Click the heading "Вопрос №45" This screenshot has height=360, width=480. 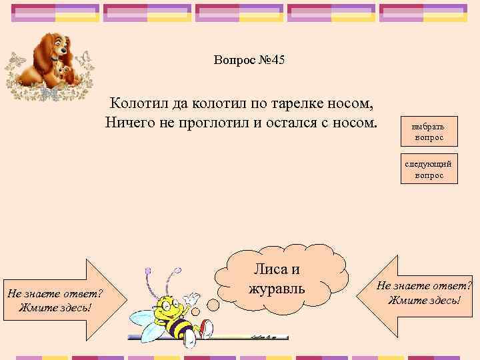[x=249, y=61]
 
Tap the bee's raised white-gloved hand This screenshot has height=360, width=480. [x=192, y=297]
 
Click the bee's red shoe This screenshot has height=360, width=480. [x=206, y=327]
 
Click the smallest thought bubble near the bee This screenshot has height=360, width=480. [x=196, y=311]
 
